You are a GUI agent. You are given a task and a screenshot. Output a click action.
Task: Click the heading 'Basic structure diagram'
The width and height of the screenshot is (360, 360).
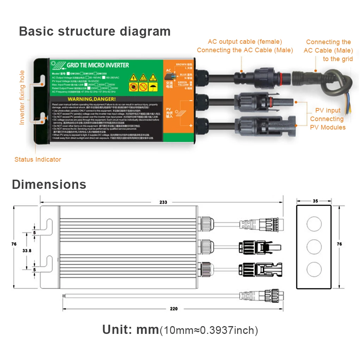pyautogui.click(x=95, y=31)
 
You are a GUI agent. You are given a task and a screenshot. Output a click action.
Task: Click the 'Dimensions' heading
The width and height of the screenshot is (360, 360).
pyautogui.click(x=49, y=184)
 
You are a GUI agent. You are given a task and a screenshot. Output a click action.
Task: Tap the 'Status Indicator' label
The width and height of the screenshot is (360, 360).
pyautogui.click(x=38, y=160)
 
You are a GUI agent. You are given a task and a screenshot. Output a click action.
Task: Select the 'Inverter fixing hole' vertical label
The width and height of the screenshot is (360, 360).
pyautogui.click(x=22, y=97)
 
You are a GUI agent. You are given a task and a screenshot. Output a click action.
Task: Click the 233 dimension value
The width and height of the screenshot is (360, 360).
pyautogui.click(x=163, y=202)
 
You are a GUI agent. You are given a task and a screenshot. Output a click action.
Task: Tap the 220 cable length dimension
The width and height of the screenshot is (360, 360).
pyautogui.click(x=174, y=309)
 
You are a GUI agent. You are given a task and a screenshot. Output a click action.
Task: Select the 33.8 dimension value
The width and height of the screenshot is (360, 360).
pyautogui.click(x=27, y=251)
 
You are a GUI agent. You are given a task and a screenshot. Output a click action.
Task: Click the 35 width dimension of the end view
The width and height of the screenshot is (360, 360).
pyautogui.click(x=315, y=201)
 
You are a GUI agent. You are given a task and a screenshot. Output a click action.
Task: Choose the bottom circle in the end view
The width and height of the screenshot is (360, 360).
pyautogui.click(x=314, y=270)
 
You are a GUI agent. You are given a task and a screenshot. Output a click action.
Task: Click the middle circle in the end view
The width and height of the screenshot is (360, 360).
pyautogui.click(x=314, y=247)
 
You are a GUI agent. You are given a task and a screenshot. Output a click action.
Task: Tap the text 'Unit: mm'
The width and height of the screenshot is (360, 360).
pyautogui.click(x=130, y=330)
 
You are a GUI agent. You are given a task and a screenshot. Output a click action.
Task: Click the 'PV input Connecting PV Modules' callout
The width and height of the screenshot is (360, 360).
pyautogui.click(x=328, y=119)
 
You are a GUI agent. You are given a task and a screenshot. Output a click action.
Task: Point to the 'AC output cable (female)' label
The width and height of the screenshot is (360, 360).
pyautogui.click(x=245, y=42)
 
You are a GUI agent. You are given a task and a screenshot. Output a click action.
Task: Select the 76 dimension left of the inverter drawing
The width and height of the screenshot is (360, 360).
pyautogui.click(x=14, y=244)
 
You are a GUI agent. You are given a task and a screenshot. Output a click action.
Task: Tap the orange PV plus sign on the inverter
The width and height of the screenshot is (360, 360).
pyautogui.click(x=191, y=125)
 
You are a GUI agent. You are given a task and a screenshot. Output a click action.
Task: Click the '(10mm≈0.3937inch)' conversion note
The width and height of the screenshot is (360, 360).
pyautogui.click(x=209, y=330)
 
